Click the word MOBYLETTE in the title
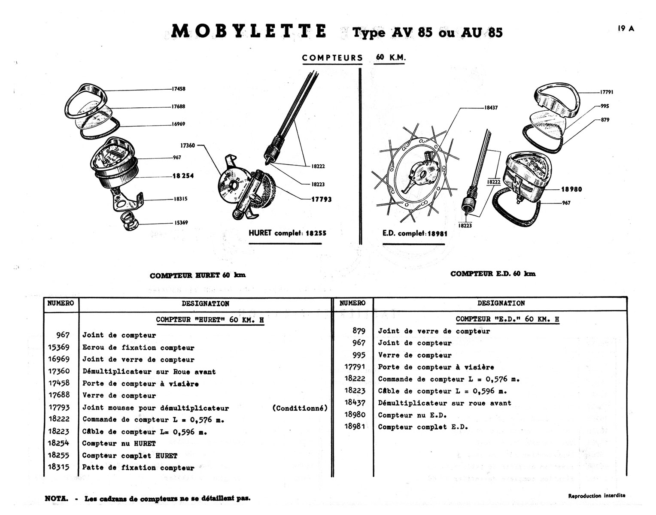coord(249,32)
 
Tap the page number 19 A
coord(626,29)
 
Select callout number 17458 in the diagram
coord(179,89)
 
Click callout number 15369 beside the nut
coord(181,223)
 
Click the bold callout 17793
coord(322,200)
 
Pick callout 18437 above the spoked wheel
coord(491,108)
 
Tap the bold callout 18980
coord(571,189)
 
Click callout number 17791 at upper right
coord(607,92)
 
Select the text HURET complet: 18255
coord(287,233)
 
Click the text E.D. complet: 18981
coord(414,234)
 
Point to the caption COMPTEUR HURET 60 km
coord(197,276)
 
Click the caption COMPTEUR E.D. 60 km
coord(493,274)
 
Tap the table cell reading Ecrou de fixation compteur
coord(138,348)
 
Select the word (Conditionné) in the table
coord(300,408)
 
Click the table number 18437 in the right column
coord(355,403)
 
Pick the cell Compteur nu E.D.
coord(412,415)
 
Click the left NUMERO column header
coord(61,303)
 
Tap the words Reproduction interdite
coord(596,496)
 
